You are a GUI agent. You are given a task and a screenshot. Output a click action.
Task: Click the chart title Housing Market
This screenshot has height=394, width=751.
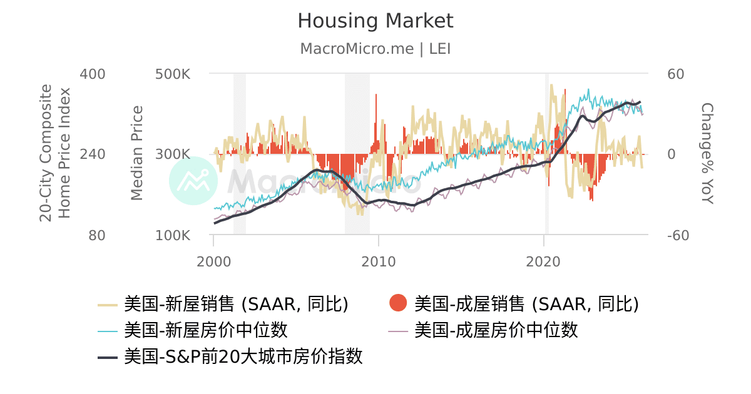pyautogui.click(x=375, y=21)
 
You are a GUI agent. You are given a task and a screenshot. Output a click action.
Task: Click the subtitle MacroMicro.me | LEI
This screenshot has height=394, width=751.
pyautogui.click(x=375, y=49)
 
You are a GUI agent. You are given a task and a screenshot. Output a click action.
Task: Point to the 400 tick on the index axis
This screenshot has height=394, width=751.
pyautogui.click(x=93, y=74)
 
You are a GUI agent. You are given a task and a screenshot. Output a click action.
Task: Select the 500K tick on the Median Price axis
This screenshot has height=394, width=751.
pyautogui.click(x=173, y=74)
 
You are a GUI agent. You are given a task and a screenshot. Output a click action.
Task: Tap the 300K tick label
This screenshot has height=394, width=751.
pyautogui.click(x=173, y=154)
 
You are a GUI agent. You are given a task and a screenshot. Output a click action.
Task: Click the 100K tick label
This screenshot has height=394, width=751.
pyautogui.click(x=173, y=236)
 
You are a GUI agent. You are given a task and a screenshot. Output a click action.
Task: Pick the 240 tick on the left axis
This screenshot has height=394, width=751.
pyautogui.click(x=93, y=154)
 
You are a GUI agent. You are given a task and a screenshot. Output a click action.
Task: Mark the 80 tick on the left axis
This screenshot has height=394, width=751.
pyautogui.click(x=97, y=236)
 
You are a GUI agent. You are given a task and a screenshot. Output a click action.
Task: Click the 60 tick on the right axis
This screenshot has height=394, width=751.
pyautogui.click(x=677, y=74)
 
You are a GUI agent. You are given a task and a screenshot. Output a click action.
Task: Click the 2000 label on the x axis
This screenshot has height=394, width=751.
pyautogui.click(x=213, y=261)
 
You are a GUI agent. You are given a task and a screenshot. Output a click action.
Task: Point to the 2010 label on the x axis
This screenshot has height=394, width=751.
pyautogui.click(x=379, y=261)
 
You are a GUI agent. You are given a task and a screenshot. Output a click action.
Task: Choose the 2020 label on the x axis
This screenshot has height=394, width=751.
pyautogui.click(x=544, y=261)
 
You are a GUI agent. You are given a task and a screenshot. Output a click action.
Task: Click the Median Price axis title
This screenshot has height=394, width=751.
pyautogui.click(x=137, y=154)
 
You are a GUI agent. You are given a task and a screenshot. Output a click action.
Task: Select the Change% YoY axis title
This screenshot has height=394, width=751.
pyautogui.click(x=707, y=154)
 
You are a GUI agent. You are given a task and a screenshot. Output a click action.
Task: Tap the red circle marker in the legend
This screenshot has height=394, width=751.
pyautogui.click(x=398, y=304)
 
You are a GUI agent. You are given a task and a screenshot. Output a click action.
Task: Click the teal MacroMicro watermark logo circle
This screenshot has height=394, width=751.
pyautogui.click(x=193, y=181)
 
